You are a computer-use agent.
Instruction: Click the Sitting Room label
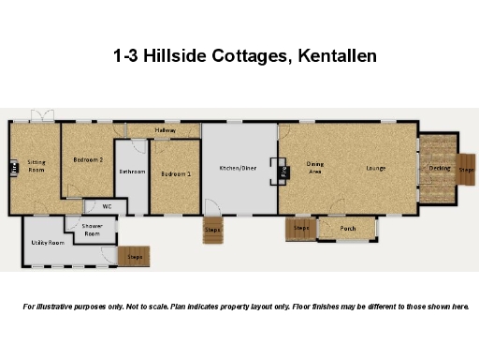pos(36,166)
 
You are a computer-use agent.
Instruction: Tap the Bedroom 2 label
pos(88,160)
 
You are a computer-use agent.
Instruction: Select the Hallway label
pos(166,129)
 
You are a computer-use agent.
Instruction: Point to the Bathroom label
pos(132,172)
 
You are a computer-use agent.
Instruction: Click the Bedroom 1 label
pos(175,174)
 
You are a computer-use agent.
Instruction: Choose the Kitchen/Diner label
pos(238,169)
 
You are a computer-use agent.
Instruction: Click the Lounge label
pos(376,169)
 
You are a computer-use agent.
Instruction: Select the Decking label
pos(439,169)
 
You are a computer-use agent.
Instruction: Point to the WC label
pos(107,205)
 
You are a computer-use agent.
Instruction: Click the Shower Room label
pos(91,231)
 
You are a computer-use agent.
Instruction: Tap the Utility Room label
pos(47,242)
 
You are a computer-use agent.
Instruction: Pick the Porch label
pos(347,228)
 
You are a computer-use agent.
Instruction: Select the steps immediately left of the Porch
pos(301,229)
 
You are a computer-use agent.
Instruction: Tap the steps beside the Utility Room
pos(134,255)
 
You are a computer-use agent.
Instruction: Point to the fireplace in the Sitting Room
pos(14,169)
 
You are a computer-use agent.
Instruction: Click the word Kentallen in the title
pos(334,55)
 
